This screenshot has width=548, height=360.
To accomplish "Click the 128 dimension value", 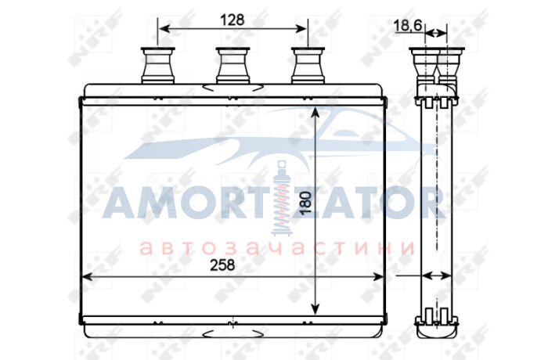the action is (232, 20).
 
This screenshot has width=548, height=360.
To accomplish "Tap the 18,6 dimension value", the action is (408, 26).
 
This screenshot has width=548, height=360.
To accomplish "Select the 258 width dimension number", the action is (222, 265).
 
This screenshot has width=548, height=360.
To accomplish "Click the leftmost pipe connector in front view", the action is (157, 66).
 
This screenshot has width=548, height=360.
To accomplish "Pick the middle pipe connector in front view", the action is (233, 66).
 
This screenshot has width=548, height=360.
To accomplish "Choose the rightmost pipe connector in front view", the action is (308, 66).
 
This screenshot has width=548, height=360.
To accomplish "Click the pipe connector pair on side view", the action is (437, 65).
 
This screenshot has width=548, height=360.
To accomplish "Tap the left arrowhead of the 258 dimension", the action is (86, 277).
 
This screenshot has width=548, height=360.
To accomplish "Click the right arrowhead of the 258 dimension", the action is (379, 277).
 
